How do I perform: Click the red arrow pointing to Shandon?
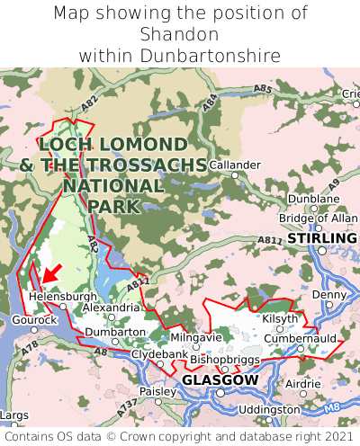point(51,272)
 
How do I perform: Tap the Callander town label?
point(235,165)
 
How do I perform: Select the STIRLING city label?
point(315,238)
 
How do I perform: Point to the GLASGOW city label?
point(220,380)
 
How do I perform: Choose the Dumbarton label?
point(115,332)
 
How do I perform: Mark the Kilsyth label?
point(278,319)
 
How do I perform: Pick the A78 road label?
point(31,346)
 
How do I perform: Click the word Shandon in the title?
point(180,34)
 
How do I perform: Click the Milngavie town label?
point(195,337)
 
